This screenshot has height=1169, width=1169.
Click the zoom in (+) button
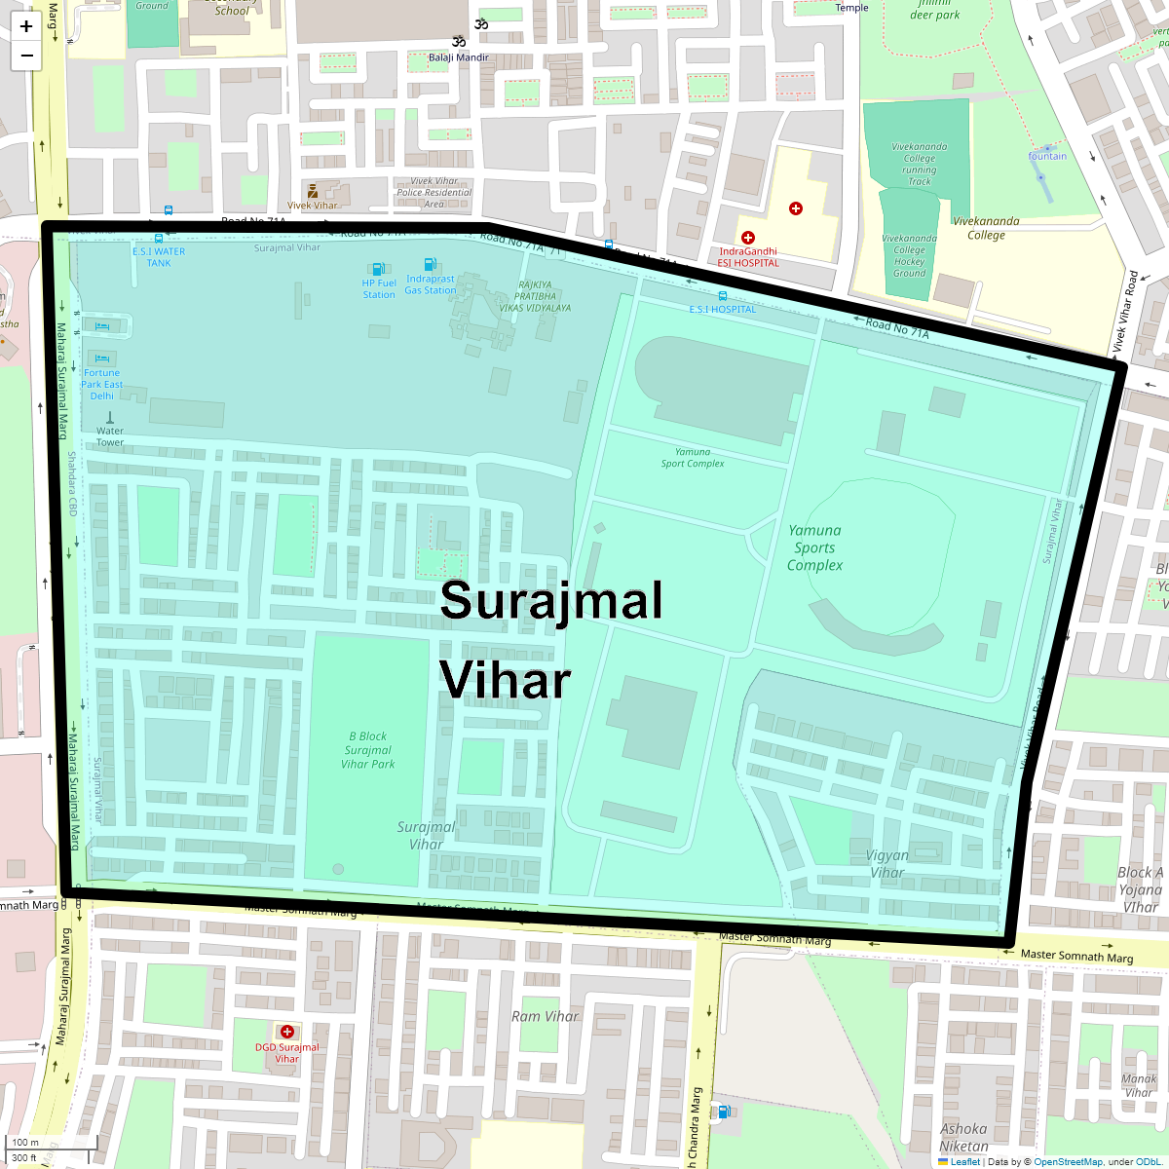(x=26, y=26)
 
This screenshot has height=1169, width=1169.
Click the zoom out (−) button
(x=26, y=56)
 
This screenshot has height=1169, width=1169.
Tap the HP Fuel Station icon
(x=378, y=269)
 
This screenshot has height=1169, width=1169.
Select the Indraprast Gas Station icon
(x=430, y=265)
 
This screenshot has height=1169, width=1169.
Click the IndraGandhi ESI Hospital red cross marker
(x=748, y=238)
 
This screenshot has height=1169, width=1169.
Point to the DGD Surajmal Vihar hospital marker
(x=286, y=1032)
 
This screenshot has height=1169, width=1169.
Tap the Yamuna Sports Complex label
(x=814, y=547)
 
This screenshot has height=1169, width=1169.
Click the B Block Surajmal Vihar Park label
(x=368, y=750)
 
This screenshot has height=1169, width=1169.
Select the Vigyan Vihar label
(x=886, y=864)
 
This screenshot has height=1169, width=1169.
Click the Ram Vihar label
(x=545, y=1016)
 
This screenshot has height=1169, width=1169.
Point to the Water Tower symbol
(x=109, y=417)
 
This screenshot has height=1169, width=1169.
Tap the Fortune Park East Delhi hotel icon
(x=102, y=358)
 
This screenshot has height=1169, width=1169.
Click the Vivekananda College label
(x=986, y=228)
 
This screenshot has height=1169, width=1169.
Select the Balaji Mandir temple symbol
(x=457, y=42)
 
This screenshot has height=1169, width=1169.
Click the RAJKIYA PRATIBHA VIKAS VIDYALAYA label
(x=535, y=296)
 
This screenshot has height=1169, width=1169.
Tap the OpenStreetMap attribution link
(x=1069, y=1161)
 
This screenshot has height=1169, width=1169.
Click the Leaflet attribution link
(x=964, y=1161)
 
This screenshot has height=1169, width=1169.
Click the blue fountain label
(x=1047, y=156)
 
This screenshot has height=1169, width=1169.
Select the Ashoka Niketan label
(x=963, y=1138)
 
